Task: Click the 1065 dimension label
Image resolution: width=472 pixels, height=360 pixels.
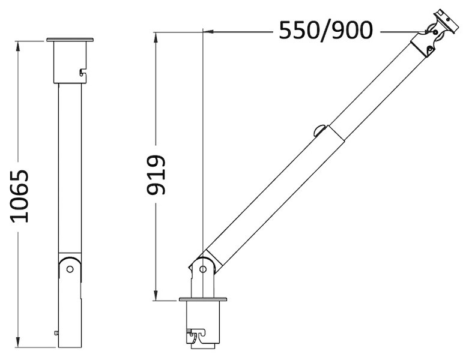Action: (x=20, y=196)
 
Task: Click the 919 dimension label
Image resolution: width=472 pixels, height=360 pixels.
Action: (x=156, y=175)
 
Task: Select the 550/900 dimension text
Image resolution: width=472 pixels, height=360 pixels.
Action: (x=325, y=31)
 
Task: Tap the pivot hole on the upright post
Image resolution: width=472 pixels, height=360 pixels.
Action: (x=70, y=269)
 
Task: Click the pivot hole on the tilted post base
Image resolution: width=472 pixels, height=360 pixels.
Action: (x=202, y=269)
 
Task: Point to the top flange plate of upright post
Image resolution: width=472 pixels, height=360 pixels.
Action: (x=70, y=40)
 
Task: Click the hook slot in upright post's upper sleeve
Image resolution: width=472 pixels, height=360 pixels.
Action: (x=83, y=72)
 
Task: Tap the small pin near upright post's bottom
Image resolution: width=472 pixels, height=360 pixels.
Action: (x=56, y=332)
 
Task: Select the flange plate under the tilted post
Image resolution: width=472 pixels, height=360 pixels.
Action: (x=202, y=299)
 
